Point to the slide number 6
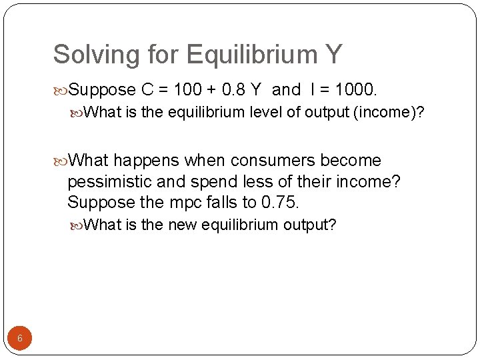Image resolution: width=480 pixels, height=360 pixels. click(x=20, y=338)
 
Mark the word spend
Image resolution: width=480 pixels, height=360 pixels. click(x=231, y=181)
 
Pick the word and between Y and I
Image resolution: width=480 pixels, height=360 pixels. click(x=287, y=89)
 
